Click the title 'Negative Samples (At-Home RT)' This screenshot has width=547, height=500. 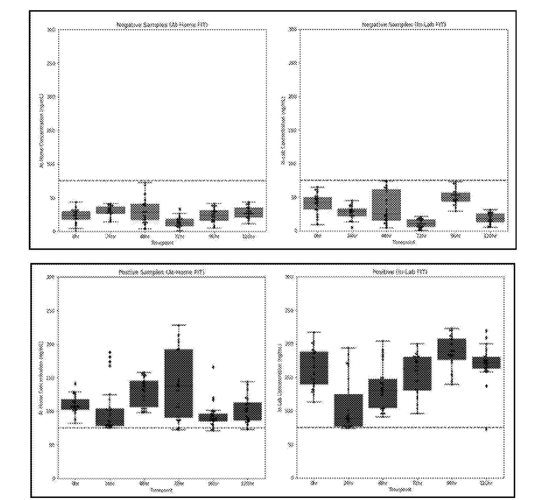click(x=162, y=25)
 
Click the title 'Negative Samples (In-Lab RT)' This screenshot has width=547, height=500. click(x=404, y=25)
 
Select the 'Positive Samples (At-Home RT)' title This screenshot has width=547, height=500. click(x=162, y=272)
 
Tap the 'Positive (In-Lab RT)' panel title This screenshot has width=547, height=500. click(x=400, y=272)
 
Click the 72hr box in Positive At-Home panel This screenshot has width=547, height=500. click(x=178, y=383)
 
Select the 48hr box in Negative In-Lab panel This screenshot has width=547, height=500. click(x=386, y=204)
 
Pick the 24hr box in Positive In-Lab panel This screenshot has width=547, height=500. click(x=348, y=411)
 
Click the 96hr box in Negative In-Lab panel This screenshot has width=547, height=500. click(x=455, y=197)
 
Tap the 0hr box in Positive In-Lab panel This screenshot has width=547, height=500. click(x=314, y=368)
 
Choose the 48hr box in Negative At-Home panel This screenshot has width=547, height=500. click(x=145, y=212)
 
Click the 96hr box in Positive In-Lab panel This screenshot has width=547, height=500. click(x=452, y=349)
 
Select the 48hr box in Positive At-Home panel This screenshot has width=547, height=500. click(x=144, y=393)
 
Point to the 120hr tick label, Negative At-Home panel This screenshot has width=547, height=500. click(x=248, y=236)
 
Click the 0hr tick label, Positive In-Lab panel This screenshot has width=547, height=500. click(x=314, y=483)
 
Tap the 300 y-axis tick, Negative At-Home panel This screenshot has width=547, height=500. click(x=51, y=29)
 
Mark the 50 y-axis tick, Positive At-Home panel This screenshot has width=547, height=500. click(x=52, y=445)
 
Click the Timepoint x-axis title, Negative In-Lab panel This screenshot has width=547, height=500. click(x=404, y=242)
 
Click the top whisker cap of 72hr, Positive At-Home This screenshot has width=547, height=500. click(x=178, y=325)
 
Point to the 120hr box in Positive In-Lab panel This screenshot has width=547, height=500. click(x=486, y=363)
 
